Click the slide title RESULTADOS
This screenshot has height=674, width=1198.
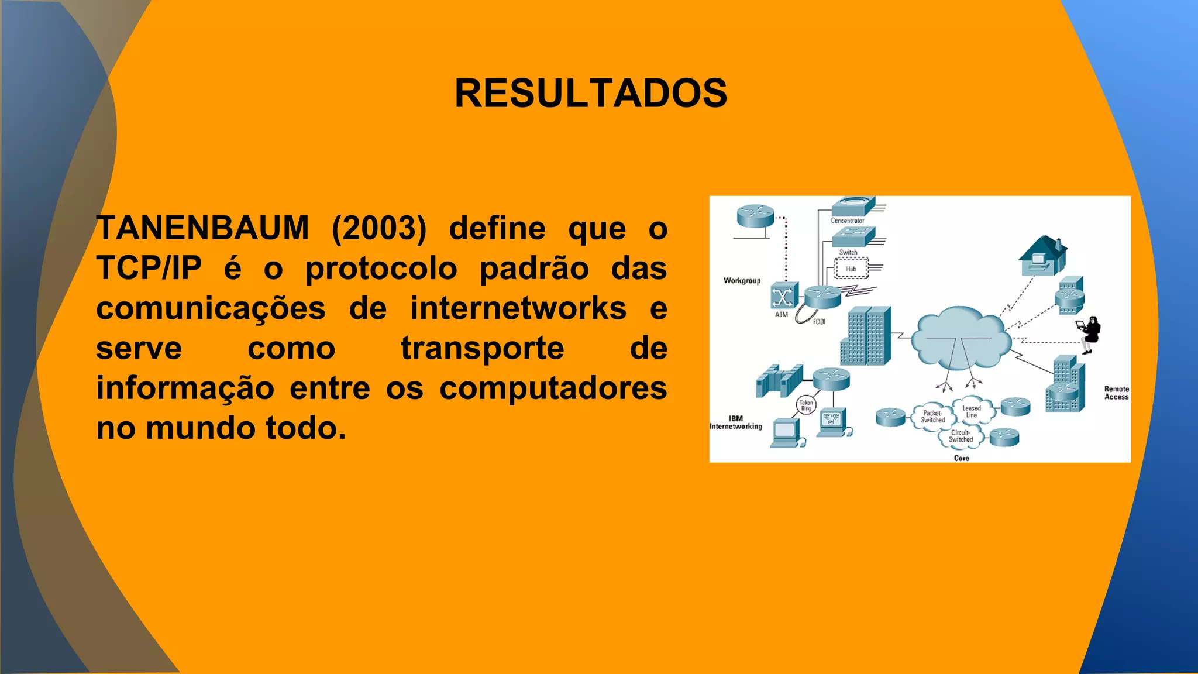(x=591, y=94)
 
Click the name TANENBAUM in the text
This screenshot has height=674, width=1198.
(x=203, y=228)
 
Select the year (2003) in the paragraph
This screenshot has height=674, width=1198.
(x=379, y=228)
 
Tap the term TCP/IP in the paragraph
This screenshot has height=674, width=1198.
(x=149, y=269)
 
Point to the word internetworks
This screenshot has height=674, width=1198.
(x=518, y=308)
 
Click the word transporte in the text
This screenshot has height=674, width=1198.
(x=483, y=349)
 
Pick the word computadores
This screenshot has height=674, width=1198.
(x=553, y=388)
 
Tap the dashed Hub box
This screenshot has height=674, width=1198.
(x=851, y=269)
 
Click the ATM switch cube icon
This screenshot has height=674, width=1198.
(x=783, y=296)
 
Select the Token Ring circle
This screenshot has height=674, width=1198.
(x=806, y=405)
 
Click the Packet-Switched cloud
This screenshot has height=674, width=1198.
(x=932, y=417)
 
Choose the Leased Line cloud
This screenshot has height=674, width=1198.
(x=972, y=411)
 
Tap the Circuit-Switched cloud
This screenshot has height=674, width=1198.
(x=961, y=436)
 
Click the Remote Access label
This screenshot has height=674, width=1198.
(x=1116, y=393)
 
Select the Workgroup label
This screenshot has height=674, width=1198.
(x=742, y=281)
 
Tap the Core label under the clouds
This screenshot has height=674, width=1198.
(x=961, y=458)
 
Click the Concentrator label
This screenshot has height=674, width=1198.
(x=847, y=221)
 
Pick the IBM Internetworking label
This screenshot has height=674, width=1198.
(x=736, y=422)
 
